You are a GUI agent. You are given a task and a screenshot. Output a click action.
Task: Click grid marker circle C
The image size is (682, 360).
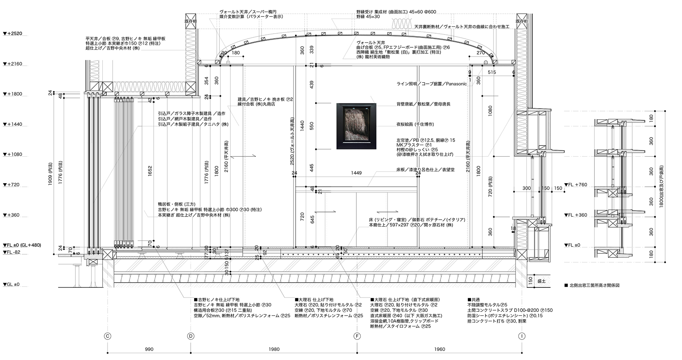pyautogui.click(x=108, y=336)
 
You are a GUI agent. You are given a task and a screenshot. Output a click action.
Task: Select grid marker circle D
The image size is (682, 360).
pyautogui.click(x=191, y=336)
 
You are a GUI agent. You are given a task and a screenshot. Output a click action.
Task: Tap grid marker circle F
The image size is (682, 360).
pyautogui.click(x=357, y=336)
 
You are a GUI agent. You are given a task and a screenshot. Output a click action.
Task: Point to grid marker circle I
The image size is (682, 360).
pyautogui.click(x=522, y=336)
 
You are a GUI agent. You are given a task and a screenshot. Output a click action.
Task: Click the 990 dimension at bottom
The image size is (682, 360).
pyautogui.click(x=149, y=349)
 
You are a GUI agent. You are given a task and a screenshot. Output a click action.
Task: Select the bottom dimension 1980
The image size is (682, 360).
pyautogui.click(x=274, y=349)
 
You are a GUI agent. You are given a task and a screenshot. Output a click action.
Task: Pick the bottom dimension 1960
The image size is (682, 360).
pyautogui.click(x=439, y=349)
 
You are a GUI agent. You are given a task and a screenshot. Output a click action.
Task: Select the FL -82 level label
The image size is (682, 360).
pyautogui.click(x=12, y=252)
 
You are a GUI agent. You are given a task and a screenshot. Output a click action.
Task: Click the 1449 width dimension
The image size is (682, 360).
pyautogui.click(x=356, y=173)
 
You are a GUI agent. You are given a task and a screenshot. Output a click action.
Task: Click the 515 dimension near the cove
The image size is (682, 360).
pyautogui.click(x=491, y=73)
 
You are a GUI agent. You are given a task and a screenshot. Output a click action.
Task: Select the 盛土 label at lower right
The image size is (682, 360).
pyautogui.click(x=541, y=281)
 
